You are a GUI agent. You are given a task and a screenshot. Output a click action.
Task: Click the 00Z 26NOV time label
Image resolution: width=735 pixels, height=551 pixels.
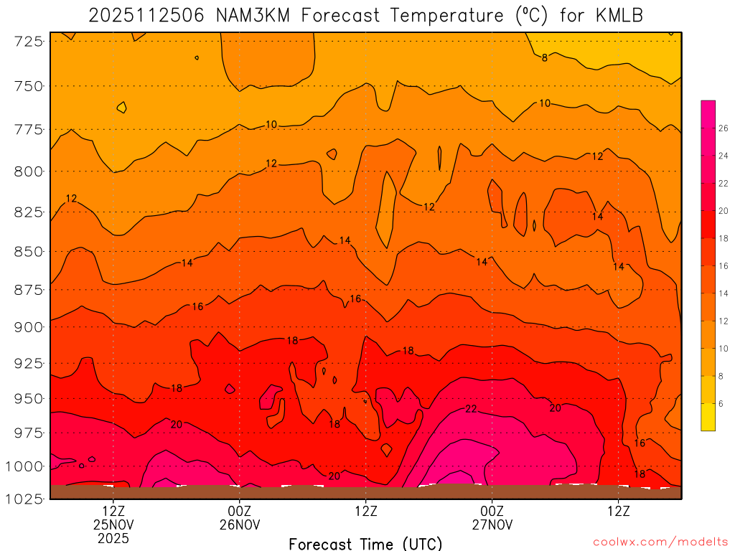239,518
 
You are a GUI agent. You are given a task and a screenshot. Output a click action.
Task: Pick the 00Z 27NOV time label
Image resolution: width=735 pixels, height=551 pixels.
492,518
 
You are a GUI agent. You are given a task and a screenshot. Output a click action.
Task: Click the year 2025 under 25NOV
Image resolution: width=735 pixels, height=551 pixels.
113,537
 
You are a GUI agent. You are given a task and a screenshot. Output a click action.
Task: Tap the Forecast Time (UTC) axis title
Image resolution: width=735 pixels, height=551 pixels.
365,543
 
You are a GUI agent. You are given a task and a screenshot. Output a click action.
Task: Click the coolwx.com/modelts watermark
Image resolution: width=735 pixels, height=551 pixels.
660,542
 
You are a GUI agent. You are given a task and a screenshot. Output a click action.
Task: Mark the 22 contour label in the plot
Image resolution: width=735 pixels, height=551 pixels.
471,409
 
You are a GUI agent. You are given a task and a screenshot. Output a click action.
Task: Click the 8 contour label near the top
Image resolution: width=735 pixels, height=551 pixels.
545,57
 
